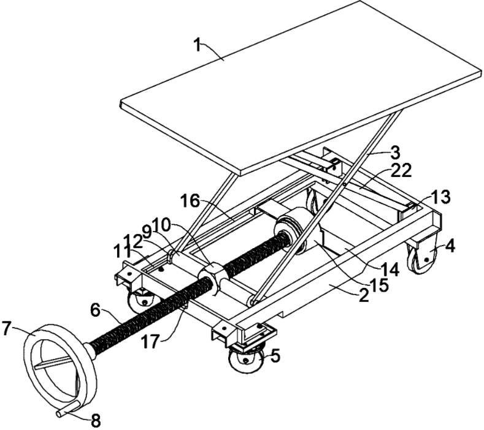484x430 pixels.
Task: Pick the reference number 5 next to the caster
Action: [x=275, y=356]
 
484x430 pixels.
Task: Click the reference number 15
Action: [x=379, y=286]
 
